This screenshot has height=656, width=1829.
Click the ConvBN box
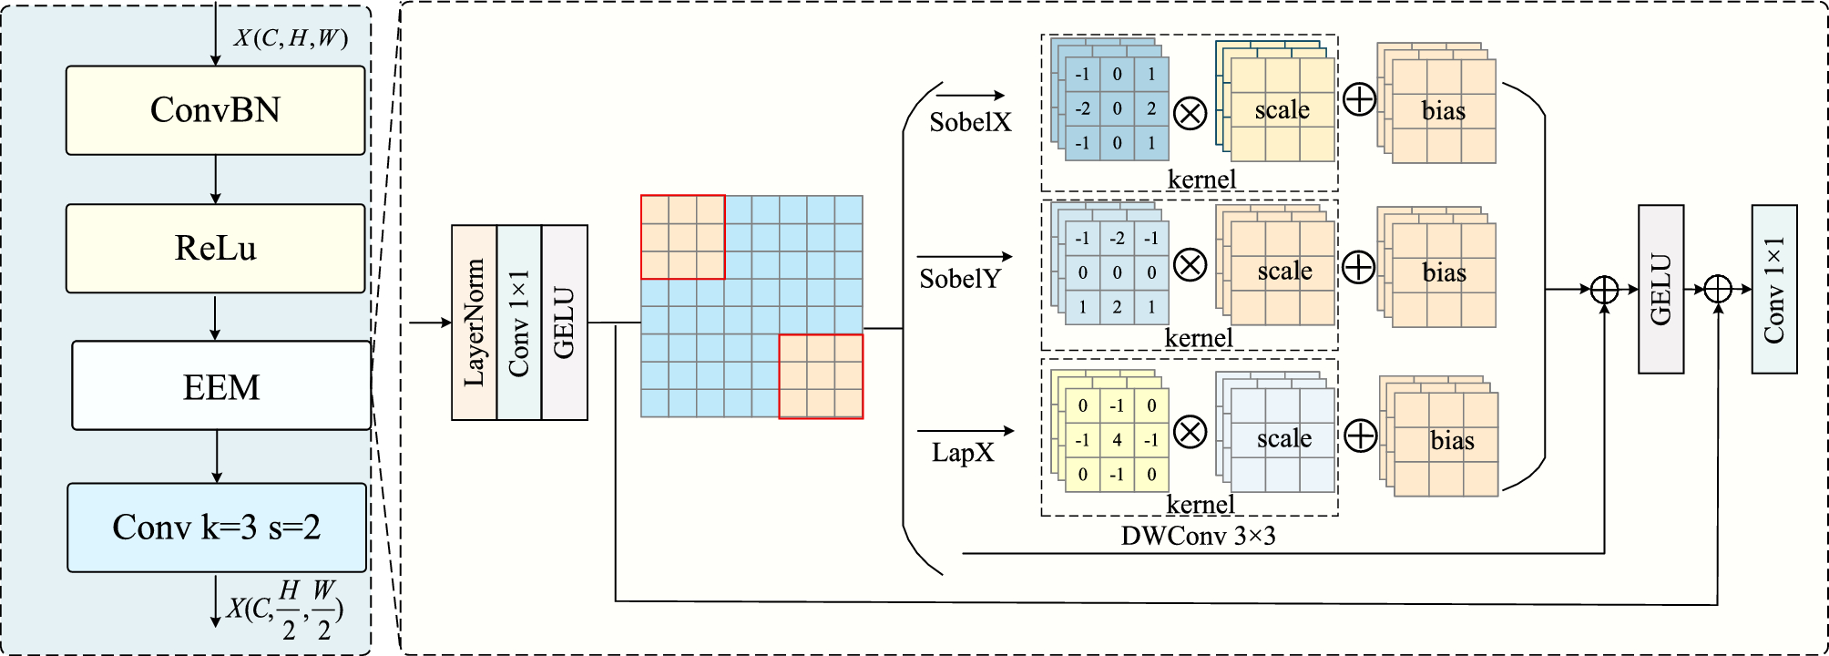point(215,110)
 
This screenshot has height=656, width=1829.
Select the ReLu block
point(215,248)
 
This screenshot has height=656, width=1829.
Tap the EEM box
point(220,386)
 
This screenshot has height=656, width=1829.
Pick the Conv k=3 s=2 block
point(217,527)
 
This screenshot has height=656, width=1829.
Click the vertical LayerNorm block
point(474,323)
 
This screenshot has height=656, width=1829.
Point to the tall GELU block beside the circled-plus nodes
point(1660,289)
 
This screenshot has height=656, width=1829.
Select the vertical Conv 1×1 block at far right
point(1773,289)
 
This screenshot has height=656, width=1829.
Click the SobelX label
point(970,122)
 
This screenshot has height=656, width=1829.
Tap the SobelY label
point(960,279)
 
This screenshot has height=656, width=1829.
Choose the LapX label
point(962,453)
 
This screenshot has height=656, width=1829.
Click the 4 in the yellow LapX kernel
point(1117,440)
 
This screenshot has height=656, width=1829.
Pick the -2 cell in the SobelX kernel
point(1082,108)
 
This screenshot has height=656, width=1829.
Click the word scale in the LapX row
point(1284,438)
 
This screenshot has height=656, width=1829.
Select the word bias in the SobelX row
point(1444,111)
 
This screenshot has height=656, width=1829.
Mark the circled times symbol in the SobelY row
point(1190,265)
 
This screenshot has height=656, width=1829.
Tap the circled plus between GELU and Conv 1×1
point(1717,290)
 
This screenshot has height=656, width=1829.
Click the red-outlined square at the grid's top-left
point(682,237)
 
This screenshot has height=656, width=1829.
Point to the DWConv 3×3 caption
point(1198,536)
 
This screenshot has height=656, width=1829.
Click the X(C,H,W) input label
point(291,38)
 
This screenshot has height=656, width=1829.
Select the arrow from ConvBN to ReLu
point(215,179)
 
